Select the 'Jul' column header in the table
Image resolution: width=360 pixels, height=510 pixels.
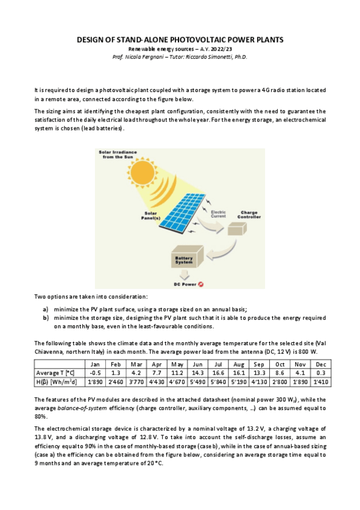pyautogui.click(x=219, y=364)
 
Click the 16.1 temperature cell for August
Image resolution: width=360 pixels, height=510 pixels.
pyautogui.click(x=240, y=373)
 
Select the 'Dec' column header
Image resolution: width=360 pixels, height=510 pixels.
pyautogui.click(x=320, y=364)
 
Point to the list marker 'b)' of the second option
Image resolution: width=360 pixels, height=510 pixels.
pyautogui.click(x=45, y=317)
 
